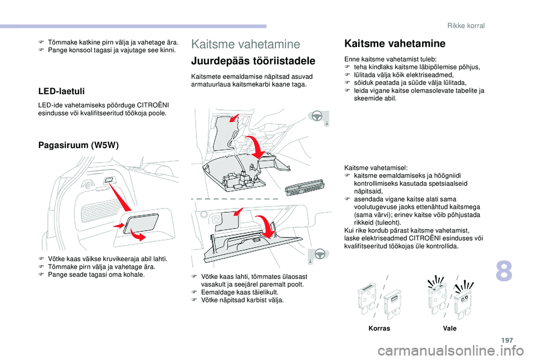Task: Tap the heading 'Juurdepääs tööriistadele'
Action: coord(253,61)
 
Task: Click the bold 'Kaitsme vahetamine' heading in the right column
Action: coord(395,43)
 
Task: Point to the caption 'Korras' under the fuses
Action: coord(379,328)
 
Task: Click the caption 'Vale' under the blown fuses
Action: coord(449,328)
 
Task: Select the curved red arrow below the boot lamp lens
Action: coord(140,237)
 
